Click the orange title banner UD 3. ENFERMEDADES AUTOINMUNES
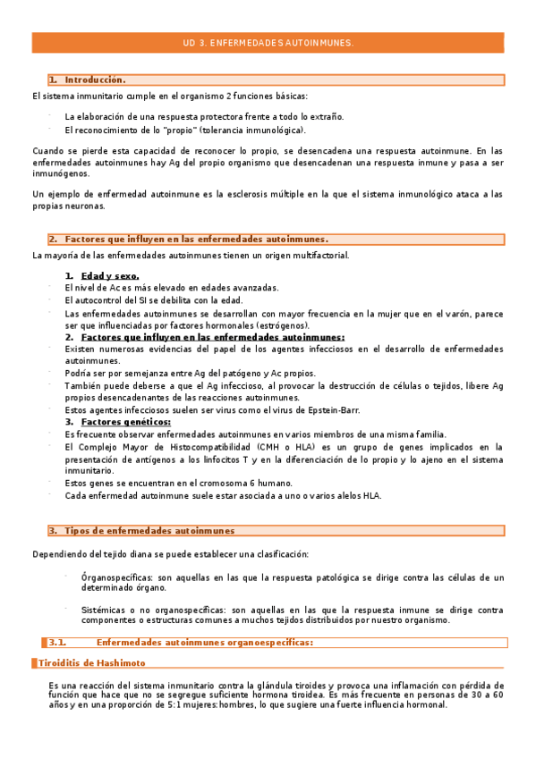coord(268,42)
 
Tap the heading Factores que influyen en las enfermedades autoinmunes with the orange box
coord(196,239)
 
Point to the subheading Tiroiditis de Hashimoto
coord(92,663)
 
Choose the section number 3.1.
coord(58,642)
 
